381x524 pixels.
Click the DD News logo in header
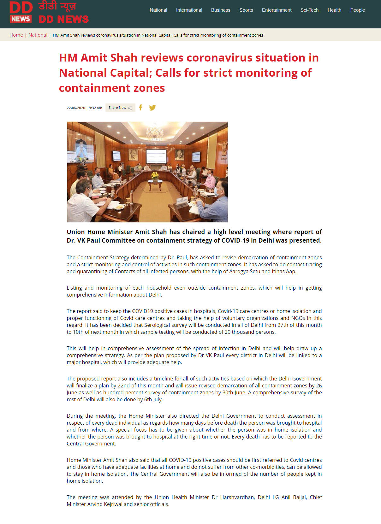click(x=49, y=13)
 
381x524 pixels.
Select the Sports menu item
click(x=246, y=10)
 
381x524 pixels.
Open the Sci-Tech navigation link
click(x=309, y=10)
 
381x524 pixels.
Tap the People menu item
click(x=357, y=10)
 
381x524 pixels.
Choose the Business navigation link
click(x=221, y=10)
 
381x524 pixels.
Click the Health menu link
click(x=334, y=10)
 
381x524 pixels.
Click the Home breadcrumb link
click(x=16, y=35)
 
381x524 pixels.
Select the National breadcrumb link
click(x=38, y=35)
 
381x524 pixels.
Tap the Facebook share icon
click(x=141, y=108)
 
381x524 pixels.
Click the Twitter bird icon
click(x=152, y=108)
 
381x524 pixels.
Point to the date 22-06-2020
click(x=76, y=108)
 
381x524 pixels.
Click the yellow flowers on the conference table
click(x=155, y=175)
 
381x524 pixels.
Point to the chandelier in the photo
click(x=155, y=132)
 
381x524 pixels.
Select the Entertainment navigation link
click(x=277, y=10)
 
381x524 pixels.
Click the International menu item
click(x=189, y=10)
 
